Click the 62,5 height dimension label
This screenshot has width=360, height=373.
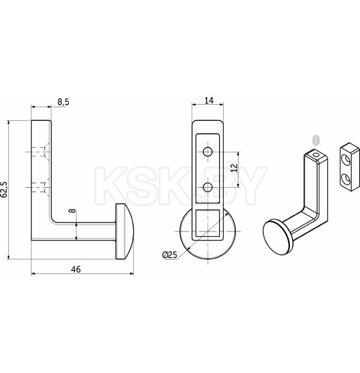[4, 190]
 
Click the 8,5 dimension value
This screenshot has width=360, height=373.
[63, 102]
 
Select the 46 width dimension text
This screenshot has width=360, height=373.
[76, 269]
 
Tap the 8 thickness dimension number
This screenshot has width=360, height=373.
[73, 210]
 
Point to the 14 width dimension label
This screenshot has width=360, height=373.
[209, 100]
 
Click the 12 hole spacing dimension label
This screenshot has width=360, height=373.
[234, 168]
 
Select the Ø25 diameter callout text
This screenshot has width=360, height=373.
[170, 255]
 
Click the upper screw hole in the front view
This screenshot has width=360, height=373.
[208, 152]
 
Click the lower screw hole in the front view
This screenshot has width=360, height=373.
[208, 188]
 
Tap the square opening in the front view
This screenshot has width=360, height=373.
[208, 223]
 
